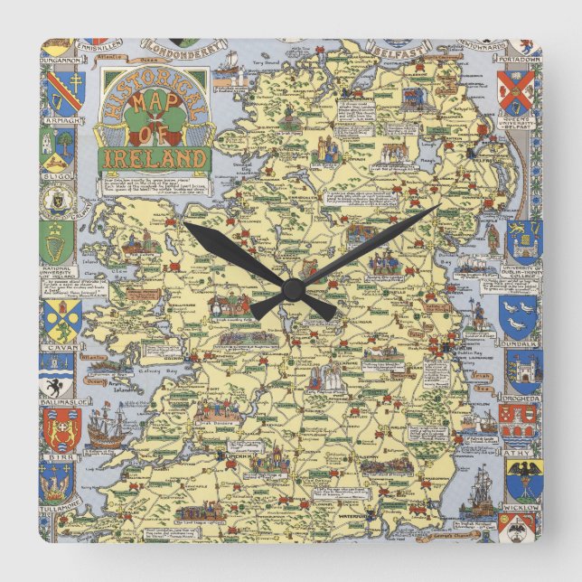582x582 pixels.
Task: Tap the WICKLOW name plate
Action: click(x=521, y=508)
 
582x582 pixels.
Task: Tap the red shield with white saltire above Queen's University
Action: click(x=518, y=89)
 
